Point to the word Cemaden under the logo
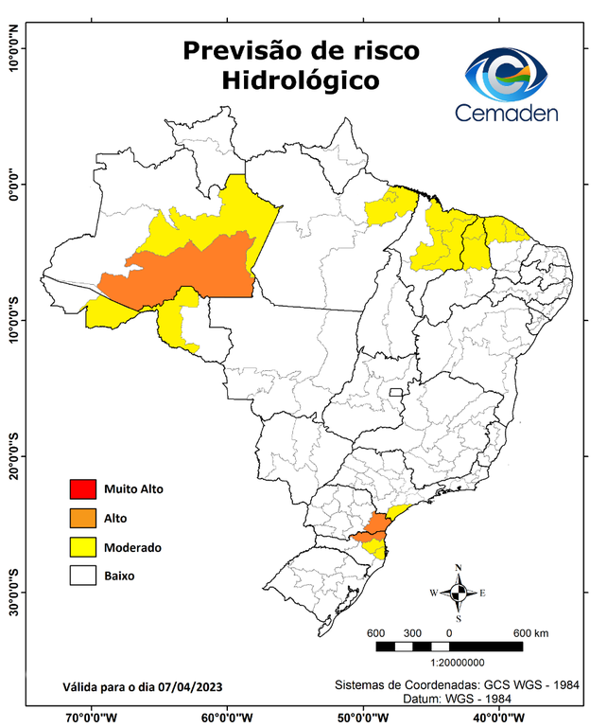(506, 113)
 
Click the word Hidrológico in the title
(301, 81)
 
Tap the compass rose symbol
(459, 593)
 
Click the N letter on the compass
(459, 568)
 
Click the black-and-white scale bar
(449, 647)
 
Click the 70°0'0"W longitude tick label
(91, 717)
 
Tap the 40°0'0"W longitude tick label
(500, 717)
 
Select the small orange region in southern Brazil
(374, 530)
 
